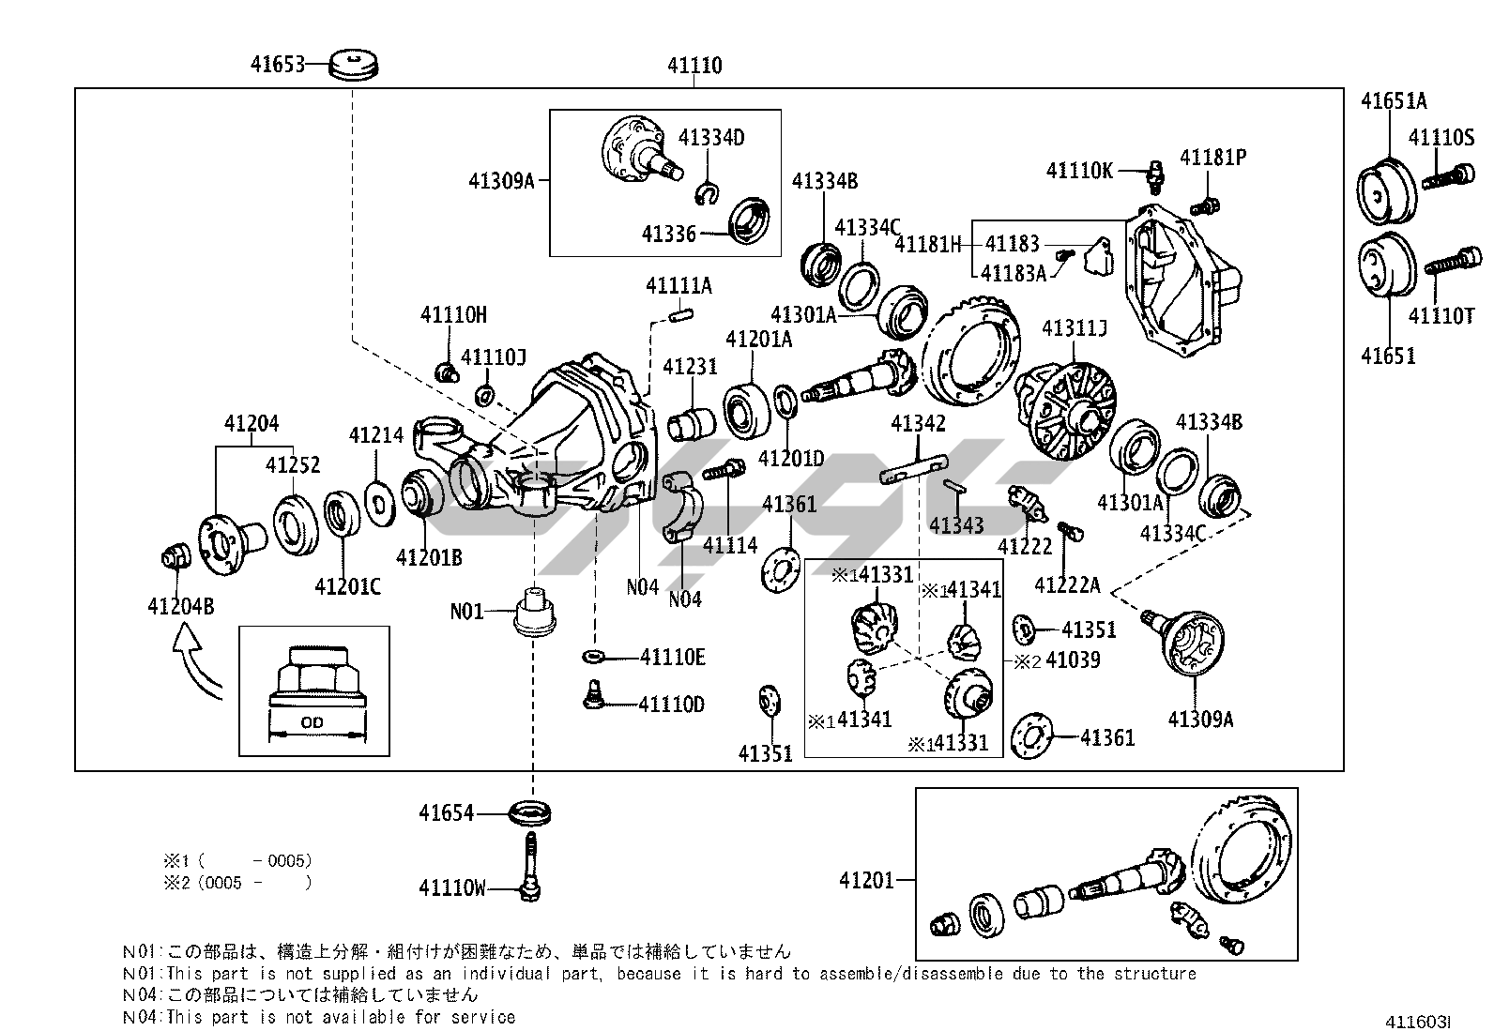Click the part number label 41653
[278, 65]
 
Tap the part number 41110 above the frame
[694, 66]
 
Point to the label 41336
[669, 234]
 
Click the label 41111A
[678, 285]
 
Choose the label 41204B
[180, 607]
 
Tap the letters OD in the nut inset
[312, 722]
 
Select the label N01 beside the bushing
[466, 612]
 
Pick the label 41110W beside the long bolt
[452, 887]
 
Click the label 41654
[446, 813]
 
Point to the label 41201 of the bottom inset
[866, 880]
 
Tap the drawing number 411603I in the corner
[1420, 1022]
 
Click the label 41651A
[1394, 101]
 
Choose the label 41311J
[1075, 328]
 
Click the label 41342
[918, 424]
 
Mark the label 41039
[1073, 660]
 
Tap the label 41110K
[1080, 170]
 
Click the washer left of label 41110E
[593, 655]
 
